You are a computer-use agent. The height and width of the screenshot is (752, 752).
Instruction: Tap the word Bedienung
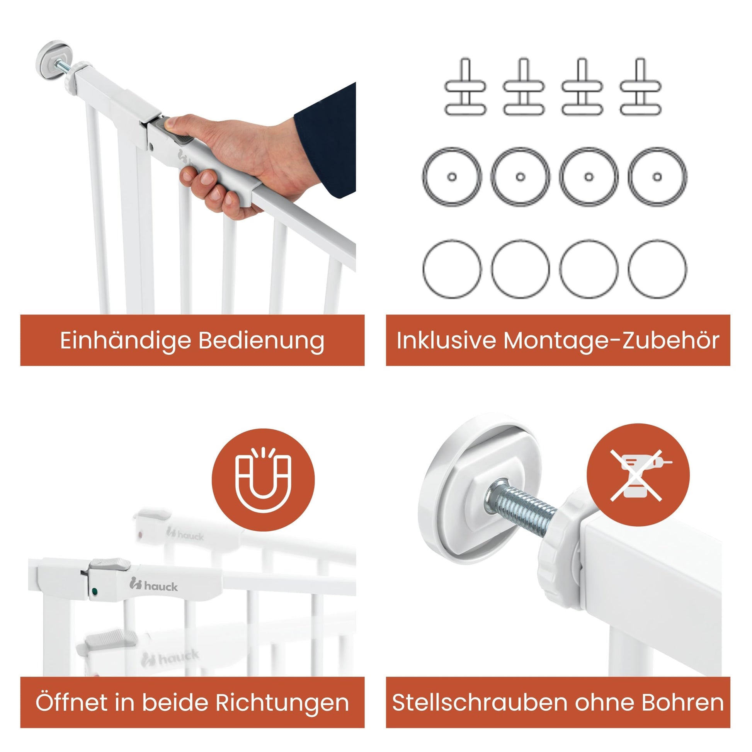click(x=261, y=341)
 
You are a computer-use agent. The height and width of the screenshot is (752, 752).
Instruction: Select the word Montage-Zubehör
click(x=611, y=340)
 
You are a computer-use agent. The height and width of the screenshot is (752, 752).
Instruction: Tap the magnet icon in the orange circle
click(x=264, y=480)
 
